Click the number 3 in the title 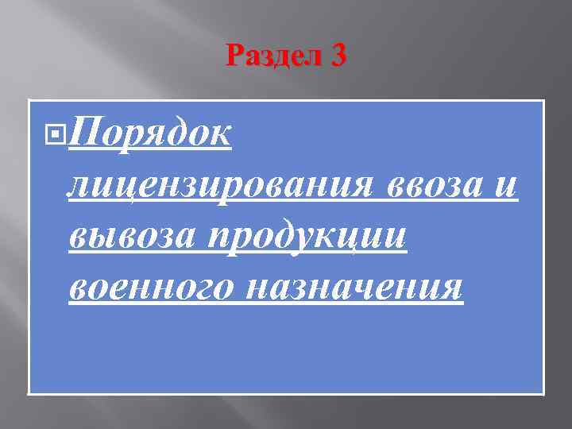[x=337, y=56]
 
